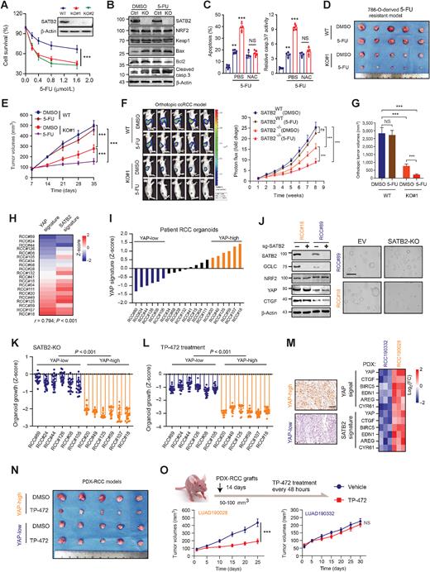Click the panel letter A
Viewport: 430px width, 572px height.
[6, 6]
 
